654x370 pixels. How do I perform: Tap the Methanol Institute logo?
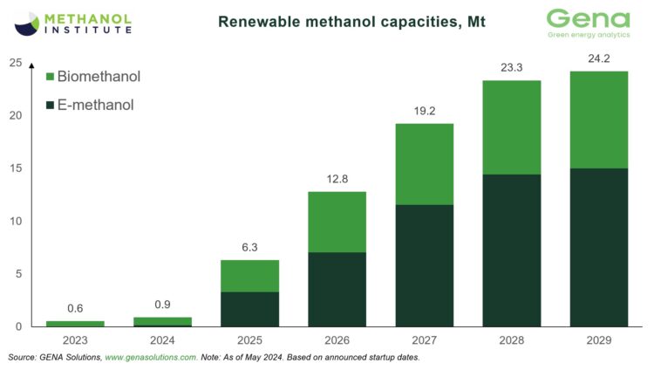[x=74, y=22]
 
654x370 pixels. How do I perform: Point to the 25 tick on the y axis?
[x=16, y=63]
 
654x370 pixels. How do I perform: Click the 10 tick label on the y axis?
[x=16, y=221]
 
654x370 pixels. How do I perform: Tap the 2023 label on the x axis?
[x=74, y=341]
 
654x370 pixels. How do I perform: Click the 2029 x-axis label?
[x=598, y=341]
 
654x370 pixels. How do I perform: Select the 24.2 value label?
[x=598, y=60]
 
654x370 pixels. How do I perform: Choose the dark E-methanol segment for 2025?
[x=249, y=309]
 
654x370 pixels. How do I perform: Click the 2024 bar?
[x=161, y=321]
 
